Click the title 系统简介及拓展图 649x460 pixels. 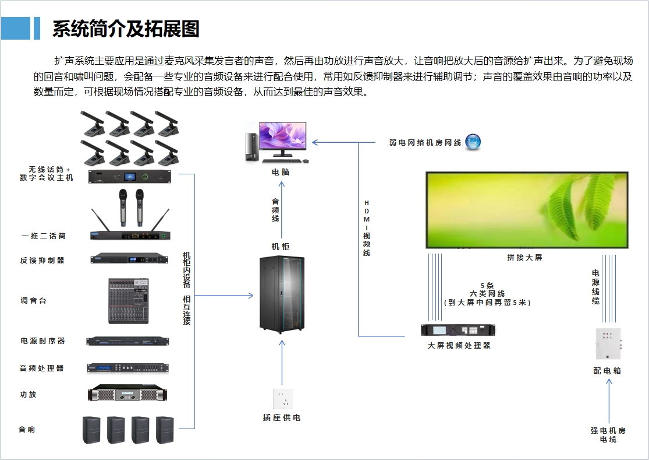[126, 29]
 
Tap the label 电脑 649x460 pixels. [280, 173]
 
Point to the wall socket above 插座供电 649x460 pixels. [283, 399]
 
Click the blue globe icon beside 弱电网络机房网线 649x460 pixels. [473, 142]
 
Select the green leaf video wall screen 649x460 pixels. [527, 210]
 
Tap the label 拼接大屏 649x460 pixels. [524, 257]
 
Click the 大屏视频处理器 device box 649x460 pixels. [458, 330]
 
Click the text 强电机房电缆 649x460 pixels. [608, 435]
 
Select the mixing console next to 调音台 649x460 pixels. [128, 301]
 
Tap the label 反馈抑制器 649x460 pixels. [42, 261]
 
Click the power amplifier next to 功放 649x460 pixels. [127, 394]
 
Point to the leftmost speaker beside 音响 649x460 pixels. [91, 430]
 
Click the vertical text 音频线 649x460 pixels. [275, 210]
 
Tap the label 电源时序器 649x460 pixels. [42, 341]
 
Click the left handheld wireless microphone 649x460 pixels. [123, 207]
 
